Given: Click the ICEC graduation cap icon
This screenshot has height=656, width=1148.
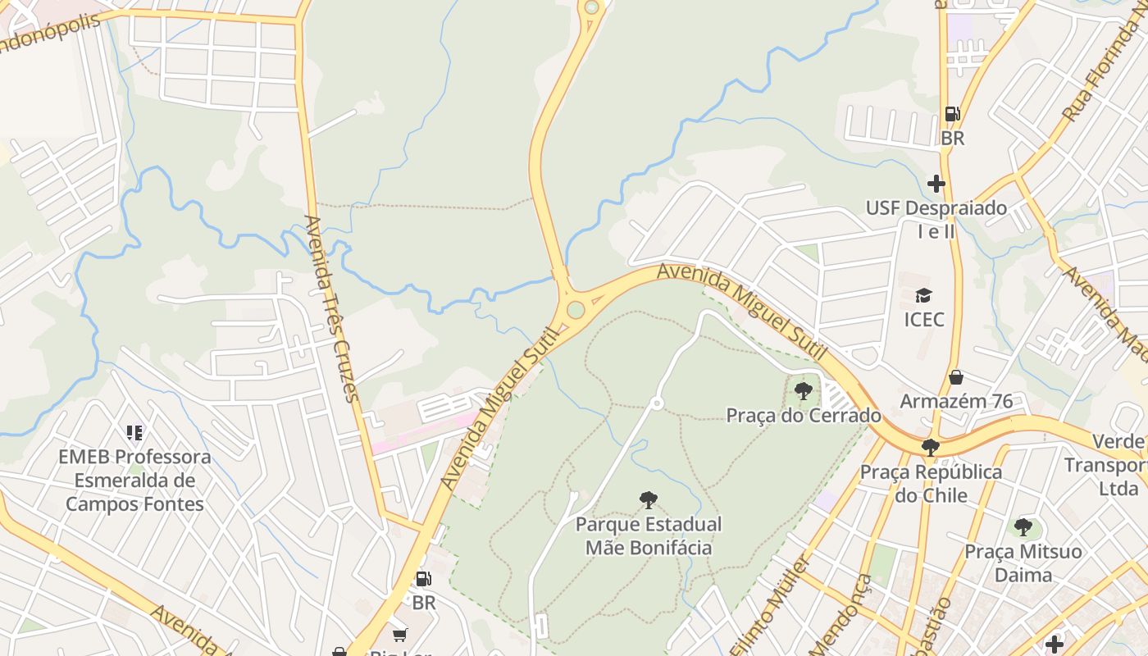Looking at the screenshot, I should click(x=923, y=295).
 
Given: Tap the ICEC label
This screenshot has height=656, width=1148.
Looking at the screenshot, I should click(x=924, y=319).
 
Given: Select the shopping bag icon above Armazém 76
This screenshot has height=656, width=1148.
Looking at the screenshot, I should click(x=955, y=377).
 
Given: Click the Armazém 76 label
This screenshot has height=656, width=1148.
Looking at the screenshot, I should click(x=956, y=401).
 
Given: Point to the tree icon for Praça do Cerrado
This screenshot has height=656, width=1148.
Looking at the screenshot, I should click(x=804, y=391).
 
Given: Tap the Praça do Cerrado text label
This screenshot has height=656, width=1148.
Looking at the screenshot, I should click(x=804, y=415).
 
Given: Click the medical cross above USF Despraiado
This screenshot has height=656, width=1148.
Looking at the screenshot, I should click(x=936, y=184).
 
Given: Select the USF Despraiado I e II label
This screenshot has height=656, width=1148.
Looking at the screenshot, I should click(x=936, y=219).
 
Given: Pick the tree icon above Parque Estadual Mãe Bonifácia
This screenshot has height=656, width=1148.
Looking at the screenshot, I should click(x=649, y=499).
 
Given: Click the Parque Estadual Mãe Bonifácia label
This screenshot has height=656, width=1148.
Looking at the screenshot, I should click(x=649, y=535).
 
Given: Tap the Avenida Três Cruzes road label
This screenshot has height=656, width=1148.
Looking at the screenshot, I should click(x=332, y=309).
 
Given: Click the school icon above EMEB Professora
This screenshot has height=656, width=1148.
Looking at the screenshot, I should click(x=134, y=432).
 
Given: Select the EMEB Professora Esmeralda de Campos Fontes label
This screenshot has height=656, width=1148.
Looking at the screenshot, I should click(x=134, y=480).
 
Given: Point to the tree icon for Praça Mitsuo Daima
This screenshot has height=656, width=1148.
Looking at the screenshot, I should click(x=1023, y=527).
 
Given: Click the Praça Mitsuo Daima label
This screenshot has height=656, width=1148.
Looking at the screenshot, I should click(x=1023, y=563).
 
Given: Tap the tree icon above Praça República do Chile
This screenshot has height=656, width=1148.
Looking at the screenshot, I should click(x=930, y=448).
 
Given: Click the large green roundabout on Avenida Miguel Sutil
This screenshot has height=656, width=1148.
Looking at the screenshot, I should click(x=576, y=309).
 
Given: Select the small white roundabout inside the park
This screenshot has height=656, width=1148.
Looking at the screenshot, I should click(x=656, y=403).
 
